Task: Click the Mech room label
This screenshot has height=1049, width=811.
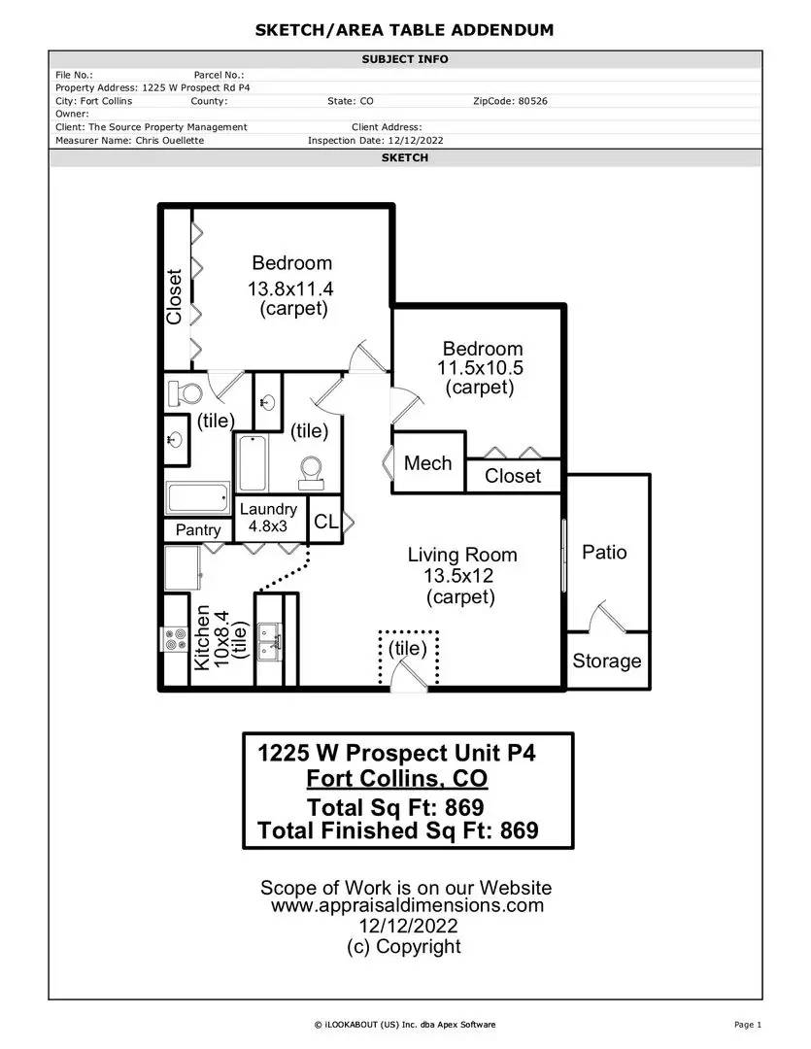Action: [427, 463]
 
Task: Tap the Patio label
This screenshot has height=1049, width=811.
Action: [604, 552]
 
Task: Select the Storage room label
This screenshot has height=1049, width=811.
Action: [607, 661]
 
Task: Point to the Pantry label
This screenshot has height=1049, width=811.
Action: [198, 530]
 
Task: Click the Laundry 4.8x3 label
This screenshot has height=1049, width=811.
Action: [268, 518]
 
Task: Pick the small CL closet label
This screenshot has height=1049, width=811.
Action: [326, 522]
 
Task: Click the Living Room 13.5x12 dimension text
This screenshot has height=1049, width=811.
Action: [458, 575]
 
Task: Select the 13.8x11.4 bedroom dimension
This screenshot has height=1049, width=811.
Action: [290, 289]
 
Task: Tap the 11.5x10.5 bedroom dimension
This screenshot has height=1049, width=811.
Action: [481, 368]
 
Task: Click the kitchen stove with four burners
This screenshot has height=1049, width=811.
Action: [176, 639]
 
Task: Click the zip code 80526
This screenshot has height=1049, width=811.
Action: [532, 101]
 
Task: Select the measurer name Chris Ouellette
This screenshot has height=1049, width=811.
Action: [170, 141]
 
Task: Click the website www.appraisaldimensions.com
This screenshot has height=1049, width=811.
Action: [408, 906]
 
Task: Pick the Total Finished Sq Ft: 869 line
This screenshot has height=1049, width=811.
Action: [398, 830]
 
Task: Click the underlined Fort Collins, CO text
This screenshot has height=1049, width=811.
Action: [397, 779]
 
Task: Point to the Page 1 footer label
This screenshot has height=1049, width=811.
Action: [748, 1025]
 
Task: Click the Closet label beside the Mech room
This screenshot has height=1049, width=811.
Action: [513, 476]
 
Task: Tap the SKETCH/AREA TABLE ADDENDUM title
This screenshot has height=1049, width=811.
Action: [405, 30]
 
